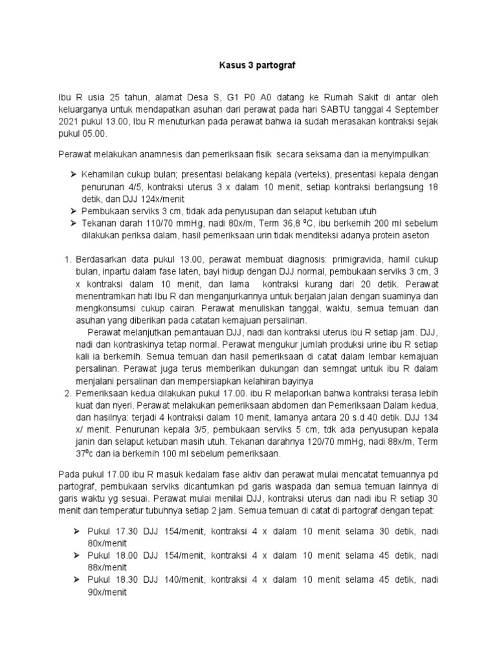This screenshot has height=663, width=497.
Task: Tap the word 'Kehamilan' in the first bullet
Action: coord(104,175)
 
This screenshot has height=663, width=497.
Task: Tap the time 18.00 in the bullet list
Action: coord(120,556)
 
